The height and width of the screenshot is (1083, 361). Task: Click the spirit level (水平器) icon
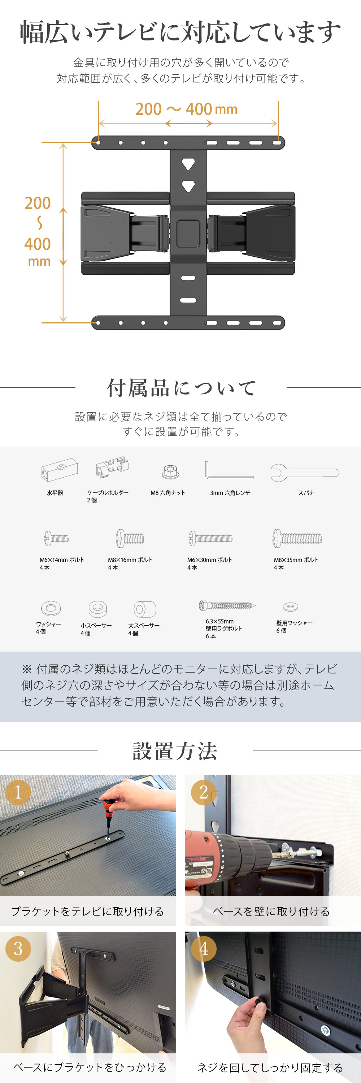click(x=60, y=469)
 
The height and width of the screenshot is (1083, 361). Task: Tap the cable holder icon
click(x=112, y=467)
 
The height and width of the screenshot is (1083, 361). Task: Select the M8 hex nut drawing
click(x=170, y=472)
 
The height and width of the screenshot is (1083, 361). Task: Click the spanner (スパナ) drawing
click(x=305, y=473)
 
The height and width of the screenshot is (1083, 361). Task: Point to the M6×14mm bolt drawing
click(x=56, y=538)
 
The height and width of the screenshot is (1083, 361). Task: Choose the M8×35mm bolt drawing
click(x=297, y=538)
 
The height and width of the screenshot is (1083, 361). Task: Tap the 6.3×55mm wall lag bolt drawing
click(x=227, y=605)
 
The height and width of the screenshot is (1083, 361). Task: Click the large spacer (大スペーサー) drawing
click(x=144, y=609)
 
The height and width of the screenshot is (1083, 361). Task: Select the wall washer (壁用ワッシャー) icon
click(x=290, y=607)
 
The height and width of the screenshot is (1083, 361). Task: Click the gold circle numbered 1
click(x=18, y=792)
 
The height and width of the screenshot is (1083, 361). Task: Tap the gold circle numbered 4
click(x=203, y=949)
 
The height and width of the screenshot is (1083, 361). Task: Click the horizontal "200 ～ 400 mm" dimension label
click(x=186, y=109)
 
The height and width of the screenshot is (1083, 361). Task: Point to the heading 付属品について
click(x=181, y=388)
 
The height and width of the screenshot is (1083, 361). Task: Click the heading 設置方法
click(x=175, y=751)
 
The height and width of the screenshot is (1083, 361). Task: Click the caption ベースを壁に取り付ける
click(x=271, y=912)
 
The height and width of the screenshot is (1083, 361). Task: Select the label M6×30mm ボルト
click(x=209, y=560)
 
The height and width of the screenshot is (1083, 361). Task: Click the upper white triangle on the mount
click(x=188, y=164)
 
